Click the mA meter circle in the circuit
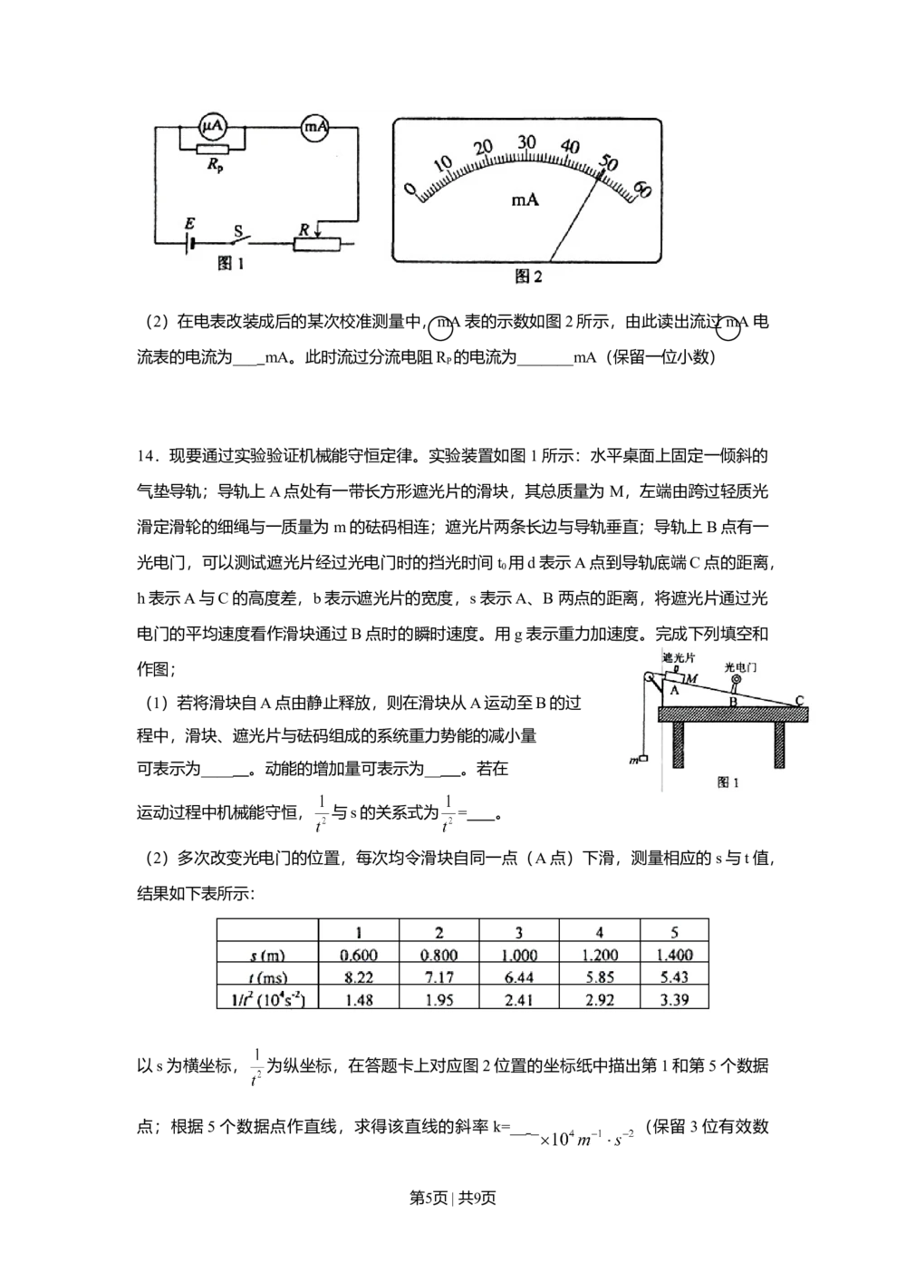(x=315, y=128)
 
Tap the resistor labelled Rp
(x=213, y=150)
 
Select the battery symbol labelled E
(x=190, y=242)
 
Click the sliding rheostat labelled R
(x=317, y=243)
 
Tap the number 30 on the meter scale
(x=526, y=142)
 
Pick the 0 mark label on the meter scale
(x=410, y=189)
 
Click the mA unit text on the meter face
(x=525, y=199)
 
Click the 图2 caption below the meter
(x=528, y=277)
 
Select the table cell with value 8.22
(x=359, y=977)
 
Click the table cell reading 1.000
(x=519, y=955)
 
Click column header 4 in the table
(x=599, y=932)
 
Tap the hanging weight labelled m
(x=642, y=760)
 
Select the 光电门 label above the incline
(x=740, y=666)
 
